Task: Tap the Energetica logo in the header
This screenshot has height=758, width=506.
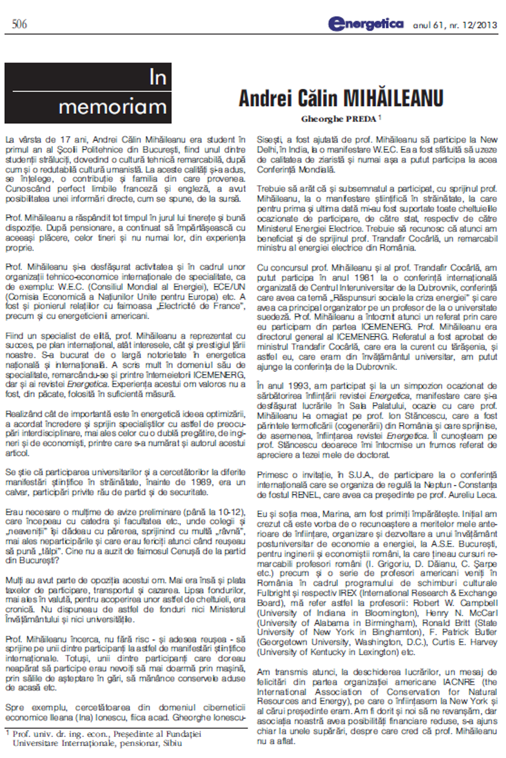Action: tap(366, 24)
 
